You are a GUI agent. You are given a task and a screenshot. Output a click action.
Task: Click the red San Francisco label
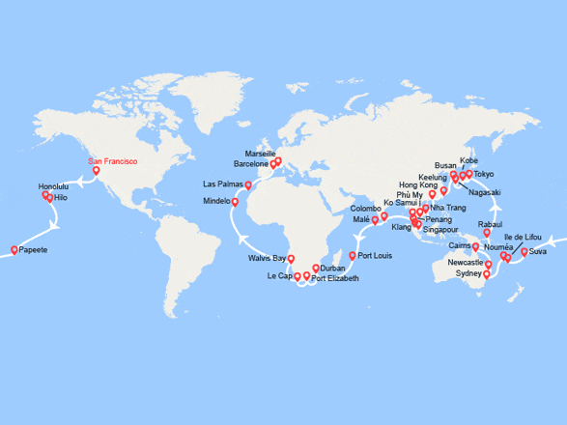pos(112,161)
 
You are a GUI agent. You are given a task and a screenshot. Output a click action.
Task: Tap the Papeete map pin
pos(14,250)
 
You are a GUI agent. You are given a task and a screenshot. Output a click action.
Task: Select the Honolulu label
pos(54,186)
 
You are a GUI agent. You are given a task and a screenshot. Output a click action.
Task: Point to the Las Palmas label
pos(222,184)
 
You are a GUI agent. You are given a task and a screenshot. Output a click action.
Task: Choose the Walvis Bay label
pos(267,258)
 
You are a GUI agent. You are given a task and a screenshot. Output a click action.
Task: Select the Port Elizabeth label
pos(335,278)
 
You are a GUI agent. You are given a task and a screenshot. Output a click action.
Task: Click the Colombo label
pos(365,209)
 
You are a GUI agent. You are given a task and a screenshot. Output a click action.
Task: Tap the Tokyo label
pos(484,174)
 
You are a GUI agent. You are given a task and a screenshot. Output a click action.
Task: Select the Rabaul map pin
pos(486,233)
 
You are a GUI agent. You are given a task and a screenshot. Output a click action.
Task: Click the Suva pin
pos(524,253)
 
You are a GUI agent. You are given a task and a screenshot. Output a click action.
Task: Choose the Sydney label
pos(468,273)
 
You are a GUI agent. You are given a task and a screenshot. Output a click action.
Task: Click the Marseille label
pos(261,154)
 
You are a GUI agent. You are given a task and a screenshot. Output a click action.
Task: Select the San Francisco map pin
pos(97,173)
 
